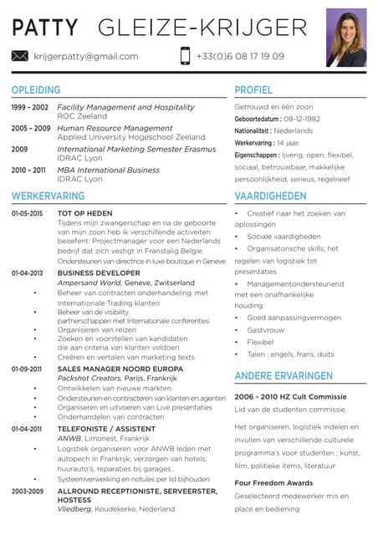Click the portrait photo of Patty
pyautogui.click(x=345, y=37)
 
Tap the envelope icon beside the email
pyautogui.click(x=20, y=56)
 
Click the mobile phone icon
pyautogui.click(x=185, y=56)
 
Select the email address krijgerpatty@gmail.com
pyautogui.click(x=86, y=56)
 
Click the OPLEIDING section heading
pyautogui.click(x=37, y=89)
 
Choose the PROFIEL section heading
pyautogui.click(x=253, y=89)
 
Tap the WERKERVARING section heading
pyautogui.click(x=48, y=196)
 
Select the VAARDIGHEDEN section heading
pyautogui.click(x=270, y=196)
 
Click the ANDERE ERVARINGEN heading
pyautogui.click(x=283, y=375)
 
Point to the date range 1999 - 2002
pyautogui.click(x=30, y=108)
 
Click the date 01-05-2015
pyautogui.click(x=28, y=214)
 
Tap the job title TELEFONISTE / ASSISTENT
pyautogui.click(x=106, y=428)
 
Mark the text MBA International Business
pyautogui.click(x=108, y=170)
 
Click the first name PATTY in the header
pyautogui.click(x=47, y=28)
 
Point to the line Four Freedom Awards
pyautogui.click(x=273, y=483)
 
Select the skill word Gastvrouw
pyautogui.click(x=265, y=330)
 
